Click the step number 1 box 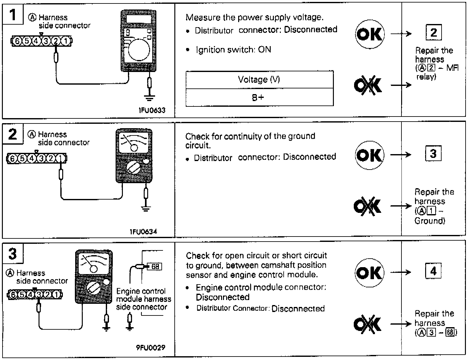click(x=13, y=14)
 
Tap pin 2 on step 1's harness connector click(x=56, y=41)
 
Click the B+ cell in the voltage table click(x=259, y=97)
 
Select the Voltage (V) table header click(x=259, y=80)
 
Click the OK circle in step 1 click(x=370, y=34)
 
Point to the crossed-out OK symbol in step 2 click(x=367, y=206)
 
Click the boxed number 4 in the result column click(x=433, y=271)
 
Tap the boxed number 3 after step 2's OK click(x=433, y=153)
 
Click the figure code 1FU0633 click(x=152, y=110)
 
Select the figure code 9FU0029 click(x=151, y=347)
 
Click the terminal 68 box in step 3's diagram click(x=154, y=267)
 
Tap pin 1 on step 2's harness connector click(x=60, y=159)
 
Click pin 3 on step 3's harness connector click(x=39, y=295)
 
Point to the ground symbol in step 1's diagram click(x=149, y=98)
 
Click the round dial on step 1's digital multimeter click(x=139, y=50)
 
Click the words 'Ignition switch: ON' click(x=234, y=50)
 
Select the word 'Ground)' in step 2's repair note click(x=430, y=221)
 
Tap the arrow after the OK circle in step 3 click(x=401, y=272)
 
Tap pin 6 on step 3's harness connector click(x=13, y=295)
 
